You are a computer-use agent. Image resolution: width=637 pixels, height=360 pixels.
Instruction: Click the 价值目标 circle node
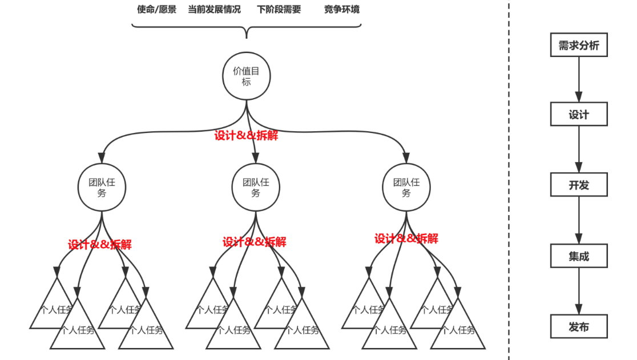(x=246, y=76)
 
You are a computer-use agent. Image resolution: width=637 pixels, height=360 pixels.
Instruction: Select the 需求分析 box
(x=578, y=45)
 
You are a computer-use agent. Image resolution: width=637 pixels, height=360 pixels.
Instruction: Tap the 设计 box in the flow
(x=578, y=115)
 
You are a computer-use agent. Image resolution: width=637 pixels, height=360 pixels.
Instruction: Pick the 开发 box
(x=578, y=185)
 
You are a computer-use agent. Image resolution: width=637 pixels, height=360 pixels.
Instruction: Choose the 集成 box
(x=578, y=256)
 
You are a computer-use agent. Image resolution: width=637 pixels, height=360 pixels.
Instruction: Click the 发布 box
(x=578, y=327)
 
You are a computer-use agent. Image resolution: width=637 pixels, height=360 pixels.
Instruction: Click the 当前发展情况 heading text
(x=215, y=10)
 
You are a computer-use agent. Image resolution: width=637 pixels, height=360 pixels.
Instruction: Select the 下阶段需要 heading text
(x=279, y=10)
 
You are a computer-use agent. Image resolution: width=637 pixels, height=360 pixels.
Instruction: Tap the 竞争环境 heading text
(x=342, y=10)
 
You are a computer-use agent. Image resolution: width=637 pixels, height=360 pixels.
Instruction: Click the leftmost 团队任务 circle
(x=102, y=187)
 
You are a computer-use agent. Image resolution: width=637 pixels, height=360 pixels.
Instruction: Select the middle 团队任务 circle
(x=256, y=187)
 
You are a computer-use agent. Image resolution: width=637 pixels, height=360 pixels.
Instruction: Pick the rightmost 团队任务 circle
(x=406, y=187)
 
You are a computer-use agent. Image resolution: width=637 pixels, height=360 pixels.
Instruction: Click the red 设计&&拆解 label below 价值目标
(x=247, y=136)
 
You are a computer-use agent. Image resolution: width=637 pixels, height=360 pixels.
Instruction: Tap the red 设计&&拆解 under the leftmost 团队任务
(x=100, y=245)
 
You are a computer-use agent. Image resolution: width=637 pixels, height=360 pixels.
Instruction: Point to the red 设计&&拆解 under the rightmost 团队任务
(x=406, y=238)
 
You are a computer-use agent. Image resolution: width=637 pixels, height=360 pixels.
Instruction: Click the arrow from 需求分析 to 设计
(x=578, y=79)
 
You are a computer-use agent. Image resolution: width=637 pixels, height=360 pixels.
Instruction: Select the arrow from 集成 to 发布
(x=578, y=291)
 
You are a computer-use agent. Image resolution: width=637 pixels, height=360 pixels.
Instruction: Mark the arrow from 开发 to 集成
(x=578, y=220)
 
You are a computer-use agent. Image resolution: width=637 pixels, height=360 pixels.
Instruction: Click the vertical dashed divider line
(x=509, y=180)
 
